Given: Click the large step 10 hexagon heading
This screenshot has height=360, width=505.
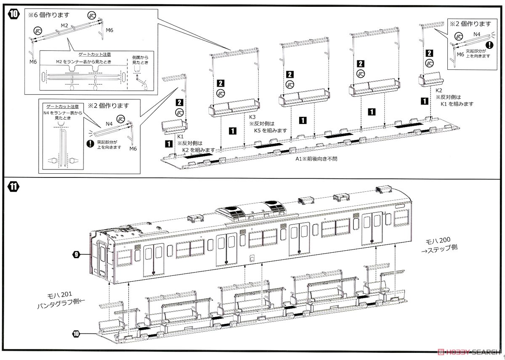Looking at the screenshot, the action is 13,14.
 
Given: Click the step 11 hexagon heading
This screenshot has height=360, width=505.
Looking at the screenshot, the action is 13,187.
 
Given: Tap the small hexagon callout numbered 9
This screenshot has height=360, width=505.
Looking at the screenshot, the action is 76,254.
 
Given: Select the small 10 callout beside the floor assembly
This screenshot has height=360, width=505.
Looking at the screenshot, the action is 76,334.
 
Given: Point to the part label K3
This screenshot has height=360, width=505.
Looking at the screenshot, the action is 252,117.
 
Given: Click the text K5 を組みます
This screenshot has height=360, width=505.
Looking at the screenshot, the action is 271,131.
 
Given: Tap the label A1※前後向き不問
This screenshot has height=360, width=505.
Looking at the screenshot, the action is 316,159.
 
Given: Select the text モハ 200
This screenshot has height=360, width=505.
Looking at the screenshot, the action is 438,241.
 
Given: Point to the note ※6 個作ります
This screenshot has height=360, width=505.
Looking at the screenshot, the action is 49,15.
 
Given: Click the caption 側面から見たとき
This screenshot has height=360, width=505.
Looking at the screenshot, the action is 140,60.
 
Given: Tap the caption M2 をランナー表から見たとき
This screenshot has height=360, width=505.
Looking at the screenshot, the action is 83,61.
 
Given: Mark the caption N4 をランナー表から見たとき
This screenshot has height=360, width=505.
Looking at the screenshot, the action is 63,115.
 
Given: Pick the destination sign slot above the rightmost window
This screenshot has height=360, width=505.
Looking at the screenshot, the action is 400,206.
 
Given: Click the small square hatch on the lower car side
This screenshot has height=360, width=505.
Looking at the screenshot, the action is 252,258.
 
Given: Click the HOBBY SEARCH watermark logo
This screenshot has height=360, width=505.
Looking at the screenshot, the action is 469,352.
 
